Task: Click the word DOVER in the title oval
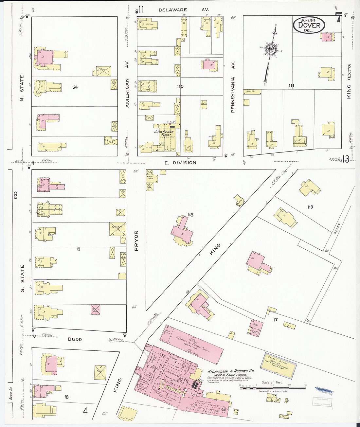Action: [309, 25]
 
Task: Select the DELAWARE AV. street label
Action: [184, 10]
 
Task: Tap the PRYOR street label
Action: [136, 240]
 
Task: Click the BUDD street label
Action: [75, 339]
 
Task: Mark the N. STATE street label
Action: [22, 88]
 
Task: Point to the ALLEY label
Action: [337, 228]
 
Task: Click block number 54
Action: [75, 87]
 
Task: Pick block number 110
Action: [180, 86]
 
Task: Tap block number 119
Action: [310, 207]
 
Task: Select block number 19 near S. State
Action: [78, 249]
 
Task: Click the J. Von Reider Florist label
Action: [164, 133]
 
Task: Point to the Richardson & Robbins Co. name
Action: [231, 371]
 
